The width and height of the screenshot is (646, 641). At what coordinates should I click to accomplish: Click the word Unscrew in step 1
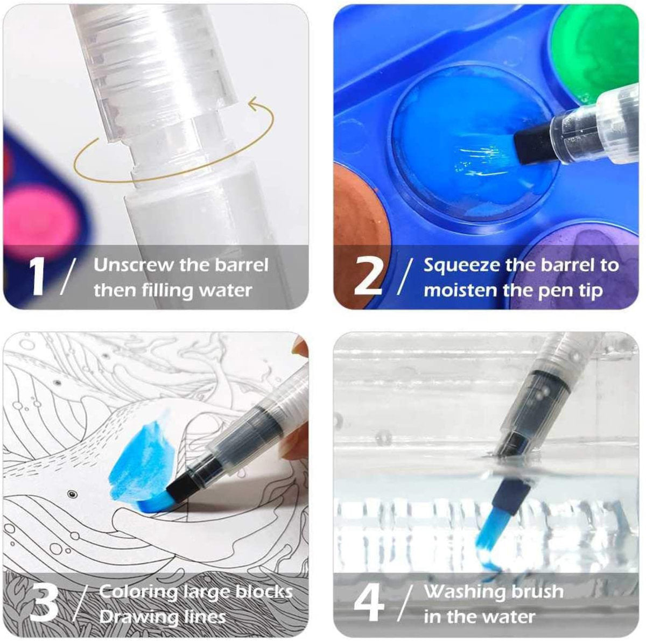point(134,265)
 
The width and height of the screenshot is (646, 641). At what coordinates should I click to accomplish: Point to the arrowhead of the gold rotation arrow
point(255,101)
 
